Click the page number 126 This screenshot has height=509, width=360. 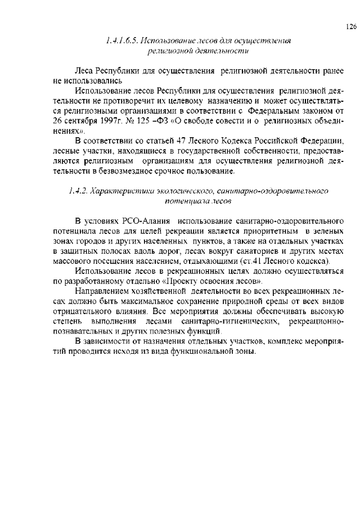pos(350,26)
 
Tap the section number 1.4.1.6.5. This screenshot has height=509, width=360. pos(121,41)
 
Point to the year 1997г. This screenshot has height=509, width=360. pos(103,121)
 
